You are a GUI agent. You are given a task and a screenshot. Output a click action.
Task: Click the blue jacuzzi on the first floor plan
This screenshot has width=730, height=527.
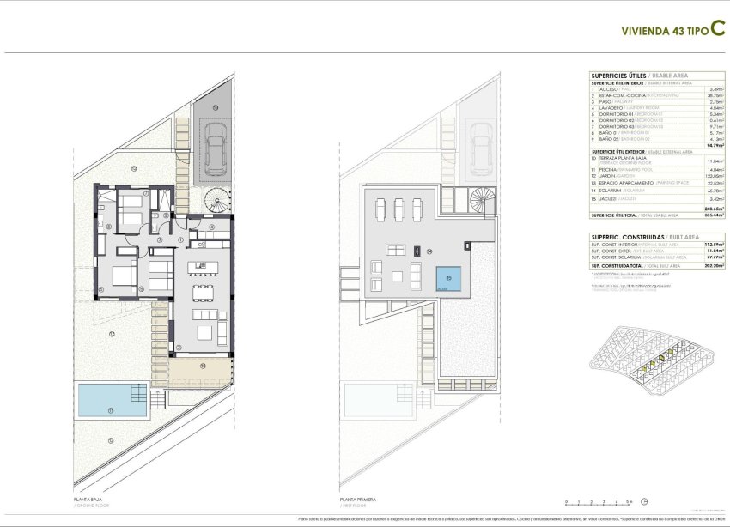pos(448,279)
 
